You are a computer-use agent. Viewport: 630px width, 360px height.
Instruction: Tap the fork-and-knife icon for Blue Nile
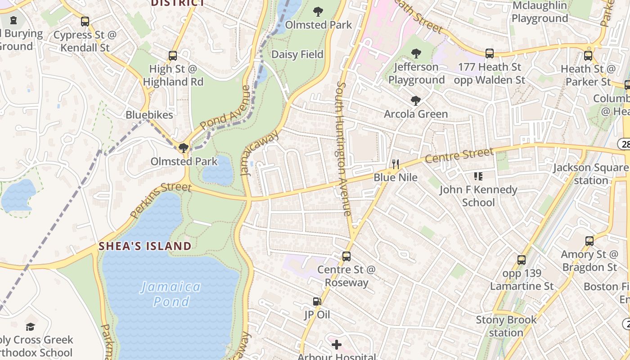pyautogui.click(x=396, y=164)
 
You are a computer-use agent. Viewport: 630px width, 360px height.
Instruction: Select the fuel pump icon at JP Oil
pyautogui.click(x=317, y=301)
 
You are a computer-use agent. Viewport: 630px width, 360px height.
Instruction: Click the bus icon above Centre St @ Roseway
pyautogui.click(x=346, y=256)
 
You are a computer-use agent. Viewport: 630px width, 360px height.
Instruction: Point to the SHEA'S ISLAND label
pyautogui.click(x=145, y=246)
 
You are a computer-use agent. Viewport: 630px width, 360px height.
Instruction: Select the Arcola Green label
pyautogui.click(x=416, y=114)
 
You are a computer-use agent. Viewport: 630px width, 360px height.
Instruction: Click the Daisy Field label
pyautogui.click(x=297, y=54)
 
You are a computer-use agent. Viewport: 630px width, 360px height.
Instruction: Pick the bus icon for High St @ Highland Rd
pyautogui.click(x=173, y=56)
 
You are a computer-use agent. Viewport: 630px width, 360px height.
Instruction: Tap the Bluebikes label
pyautogui.click(x=149, y=115)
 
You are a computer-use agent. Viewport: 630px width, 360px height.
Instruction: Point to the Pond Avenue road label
pyautogui.click(x=225, y=108)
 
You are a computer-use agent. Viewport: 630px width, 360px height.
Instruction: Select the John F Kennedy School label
pyautogui.click(x=478, y=196)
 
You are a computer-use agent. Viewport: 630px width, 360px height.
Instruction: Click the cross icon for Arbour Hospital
pyautogui.click(x=337, y=345)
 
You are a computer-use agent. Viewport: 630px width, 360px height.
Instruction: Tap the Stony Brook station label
pyautogui.click(x=506, y=326)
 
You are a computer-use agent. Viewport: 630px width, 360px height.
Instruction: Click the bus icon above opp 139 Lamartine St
pyautogui.click(x=521, y=260)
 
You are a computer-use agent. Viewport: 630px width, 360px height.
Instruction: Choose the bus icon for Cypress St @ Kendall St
pyautogui.click(x=85, y=21)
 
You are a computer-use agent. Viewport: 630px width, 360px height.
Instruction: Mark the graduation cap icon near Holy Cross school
pyautogui.click(x=30, y=327)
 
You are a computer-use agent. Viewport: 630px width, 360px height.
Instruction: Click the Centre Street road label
pyautogui.click(x=459, y=156)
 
